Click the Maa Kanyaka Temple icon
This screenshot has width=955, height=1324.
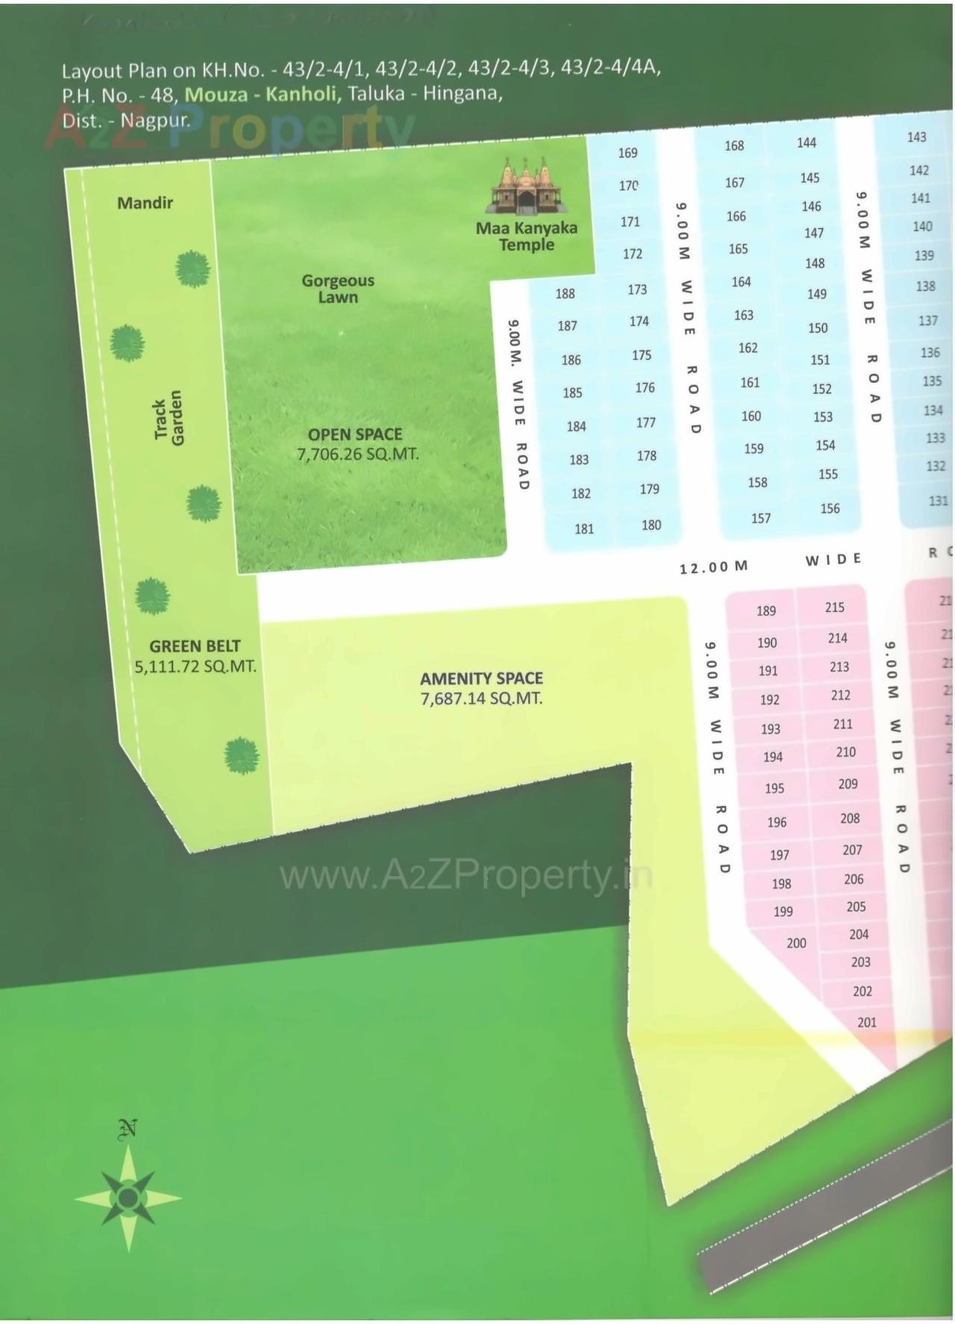point(526,187)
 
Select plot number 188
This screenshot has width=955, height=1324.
point(565,293)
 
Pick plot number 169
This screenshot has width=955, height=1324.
point(627,153)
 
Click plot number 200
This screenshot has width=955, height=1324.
point(796,943)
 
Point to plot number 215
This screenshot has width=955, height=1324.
point(834,608)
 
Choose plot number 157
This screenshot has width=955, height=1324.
point(760,518)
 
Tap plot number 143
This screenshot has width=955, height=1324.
point(916,137)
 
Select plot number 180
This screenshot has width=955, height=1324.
point(651,525)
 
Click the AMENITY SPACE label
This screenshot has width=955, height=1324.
point(481,678)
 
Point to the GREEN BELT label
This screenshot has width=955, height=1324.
point(195,646)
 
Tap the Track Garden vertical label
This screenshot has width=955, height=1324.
point(168,418)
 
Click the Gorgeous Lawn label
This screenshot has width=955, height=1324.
point(338,289)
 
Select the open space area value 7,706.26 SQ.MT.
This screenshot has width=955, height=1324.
point(357,454)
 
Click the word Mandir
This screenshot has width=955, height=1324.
point(145,202)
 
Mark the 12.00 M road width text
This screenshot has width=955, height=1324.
point(713,567)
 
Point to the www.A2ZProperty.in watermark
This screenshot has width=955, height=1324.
point(466,875)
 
